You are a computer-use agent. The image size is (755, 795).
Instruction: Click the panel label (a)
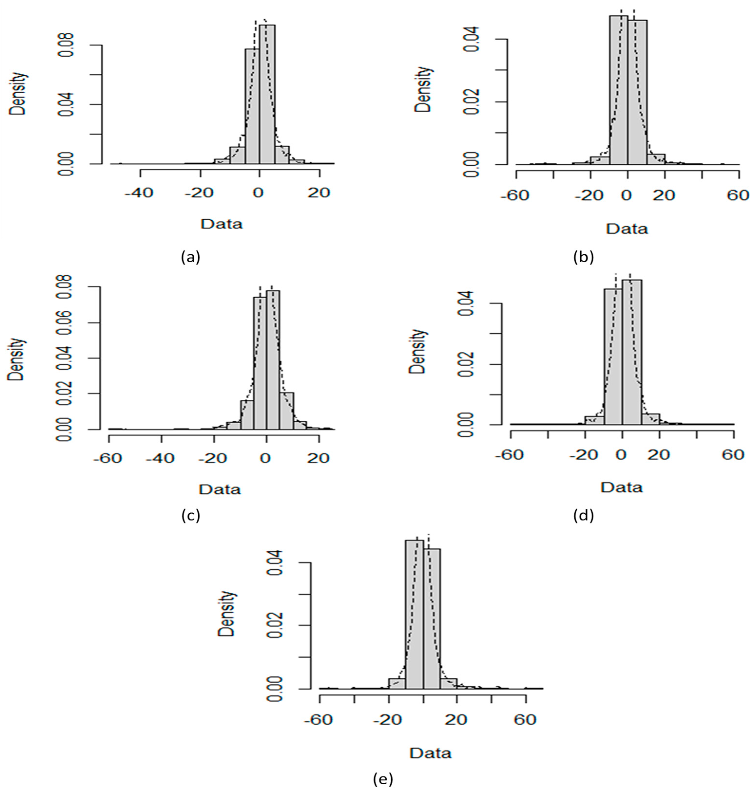pos(190,256)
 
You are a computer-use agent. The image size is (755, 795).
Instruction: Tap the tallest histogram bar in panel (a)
pos(267,94)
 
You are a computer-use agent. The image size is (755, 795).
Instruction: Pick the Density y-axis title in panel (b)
pos(424,89)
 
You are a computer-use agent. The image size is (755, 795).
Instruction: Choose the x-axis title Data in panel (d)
pos(622,488)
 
